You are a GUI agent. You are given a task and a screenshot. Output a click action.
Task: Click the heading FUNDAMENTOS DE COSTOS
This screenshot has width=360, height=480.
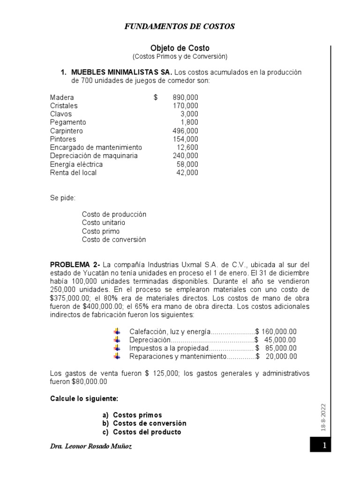[x=180, y=27]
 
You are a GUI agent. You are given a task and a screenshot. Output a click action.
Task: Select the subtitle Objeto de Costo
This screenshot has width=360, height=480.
[x=180, y=48]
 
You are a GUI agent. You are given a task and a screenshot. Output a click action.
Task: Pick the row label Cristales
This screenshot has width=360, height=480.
[x=64, y=105]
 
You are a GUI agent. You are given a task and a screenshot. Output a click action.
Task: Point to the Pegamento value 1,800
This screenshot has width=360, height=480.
[x=189, y=122]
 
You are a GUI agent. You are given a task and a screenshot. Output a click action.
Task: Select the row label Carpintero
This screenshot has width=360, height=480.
[x=66, y=131]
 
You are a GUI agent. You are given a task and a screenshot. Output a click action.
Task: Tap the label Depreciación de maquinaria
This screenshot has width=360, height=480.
[x=94, y=156]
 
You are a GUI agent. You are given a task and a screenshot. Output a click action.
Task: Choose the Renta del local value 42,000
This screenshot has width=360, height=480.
[x=187, y=172]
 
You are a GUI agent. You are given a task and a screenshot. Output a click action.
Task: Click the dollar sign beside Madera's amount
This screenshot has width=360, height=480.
[x=156, y=97]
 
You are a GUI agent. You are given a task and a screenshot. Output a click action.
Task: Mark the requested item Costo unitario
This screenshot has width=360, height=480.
[x=103, y=223]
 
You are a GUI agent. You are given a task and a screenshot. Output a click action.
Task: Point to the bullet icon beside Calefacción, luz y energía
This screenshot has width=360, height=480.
[x=117, y=331]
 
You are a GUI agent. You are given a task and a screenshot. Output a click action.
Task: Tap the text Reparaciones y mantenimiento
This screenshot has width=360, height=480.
[x=178, y=356]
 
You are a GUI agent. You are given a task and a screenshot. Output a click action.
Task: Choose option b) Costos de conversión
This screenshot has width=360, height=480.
[x=144, y=423]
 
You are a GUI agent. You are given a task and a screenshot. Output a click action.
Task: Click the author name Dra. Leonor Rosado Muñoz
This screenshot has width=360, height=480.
[x=91, y=447]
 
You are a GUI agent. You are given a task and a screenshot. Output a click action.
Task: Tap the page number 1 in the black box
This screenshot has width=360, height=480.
[x=323, y=446]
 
